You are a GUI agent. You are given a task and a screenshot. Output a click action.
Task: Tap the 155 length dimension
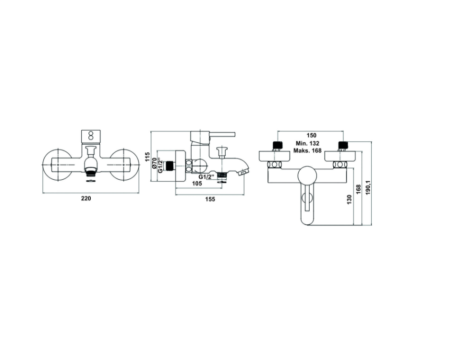[210, 199]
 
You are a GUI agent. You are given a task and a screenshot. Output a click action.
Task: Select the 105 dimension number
[196, 183]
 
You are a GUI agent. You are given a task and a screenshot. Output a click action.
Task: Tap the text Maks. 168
[307, 151]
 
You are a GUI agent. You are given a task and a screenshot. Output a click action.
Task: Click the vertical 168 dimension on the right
[359, 189]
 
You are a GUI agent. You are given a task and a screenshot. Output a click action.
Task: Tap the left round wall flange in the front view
[58, 164]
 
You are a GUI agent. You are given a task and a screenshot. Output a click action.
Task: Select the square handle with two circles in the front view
[90, 137]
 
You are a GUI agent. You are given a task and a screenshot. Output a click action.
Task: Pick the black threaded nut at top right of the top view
[342, 145]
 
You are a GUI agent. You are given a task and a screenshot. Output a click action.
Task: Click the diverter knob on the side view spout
[221, 152]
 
